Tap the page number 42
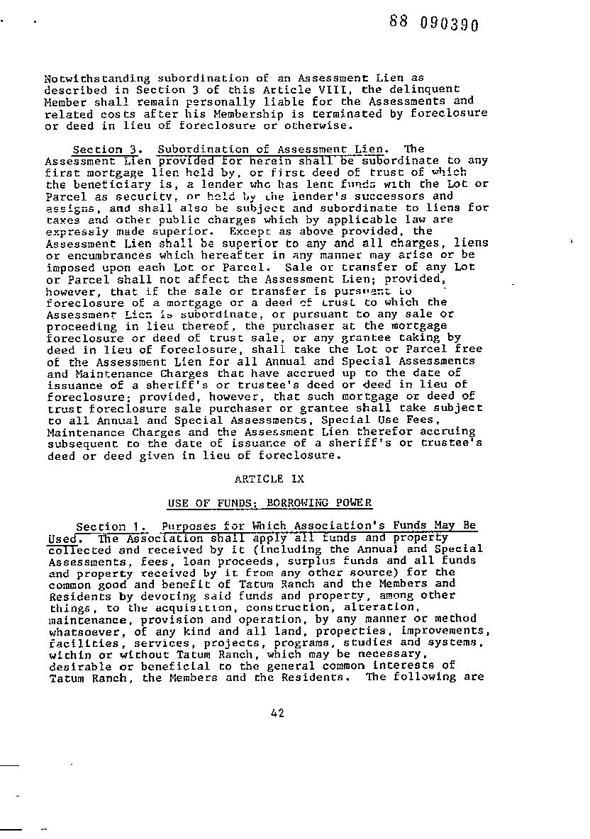point(277,713)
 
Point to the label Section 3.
point(98,149)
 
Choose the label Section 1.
point(101,527)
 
